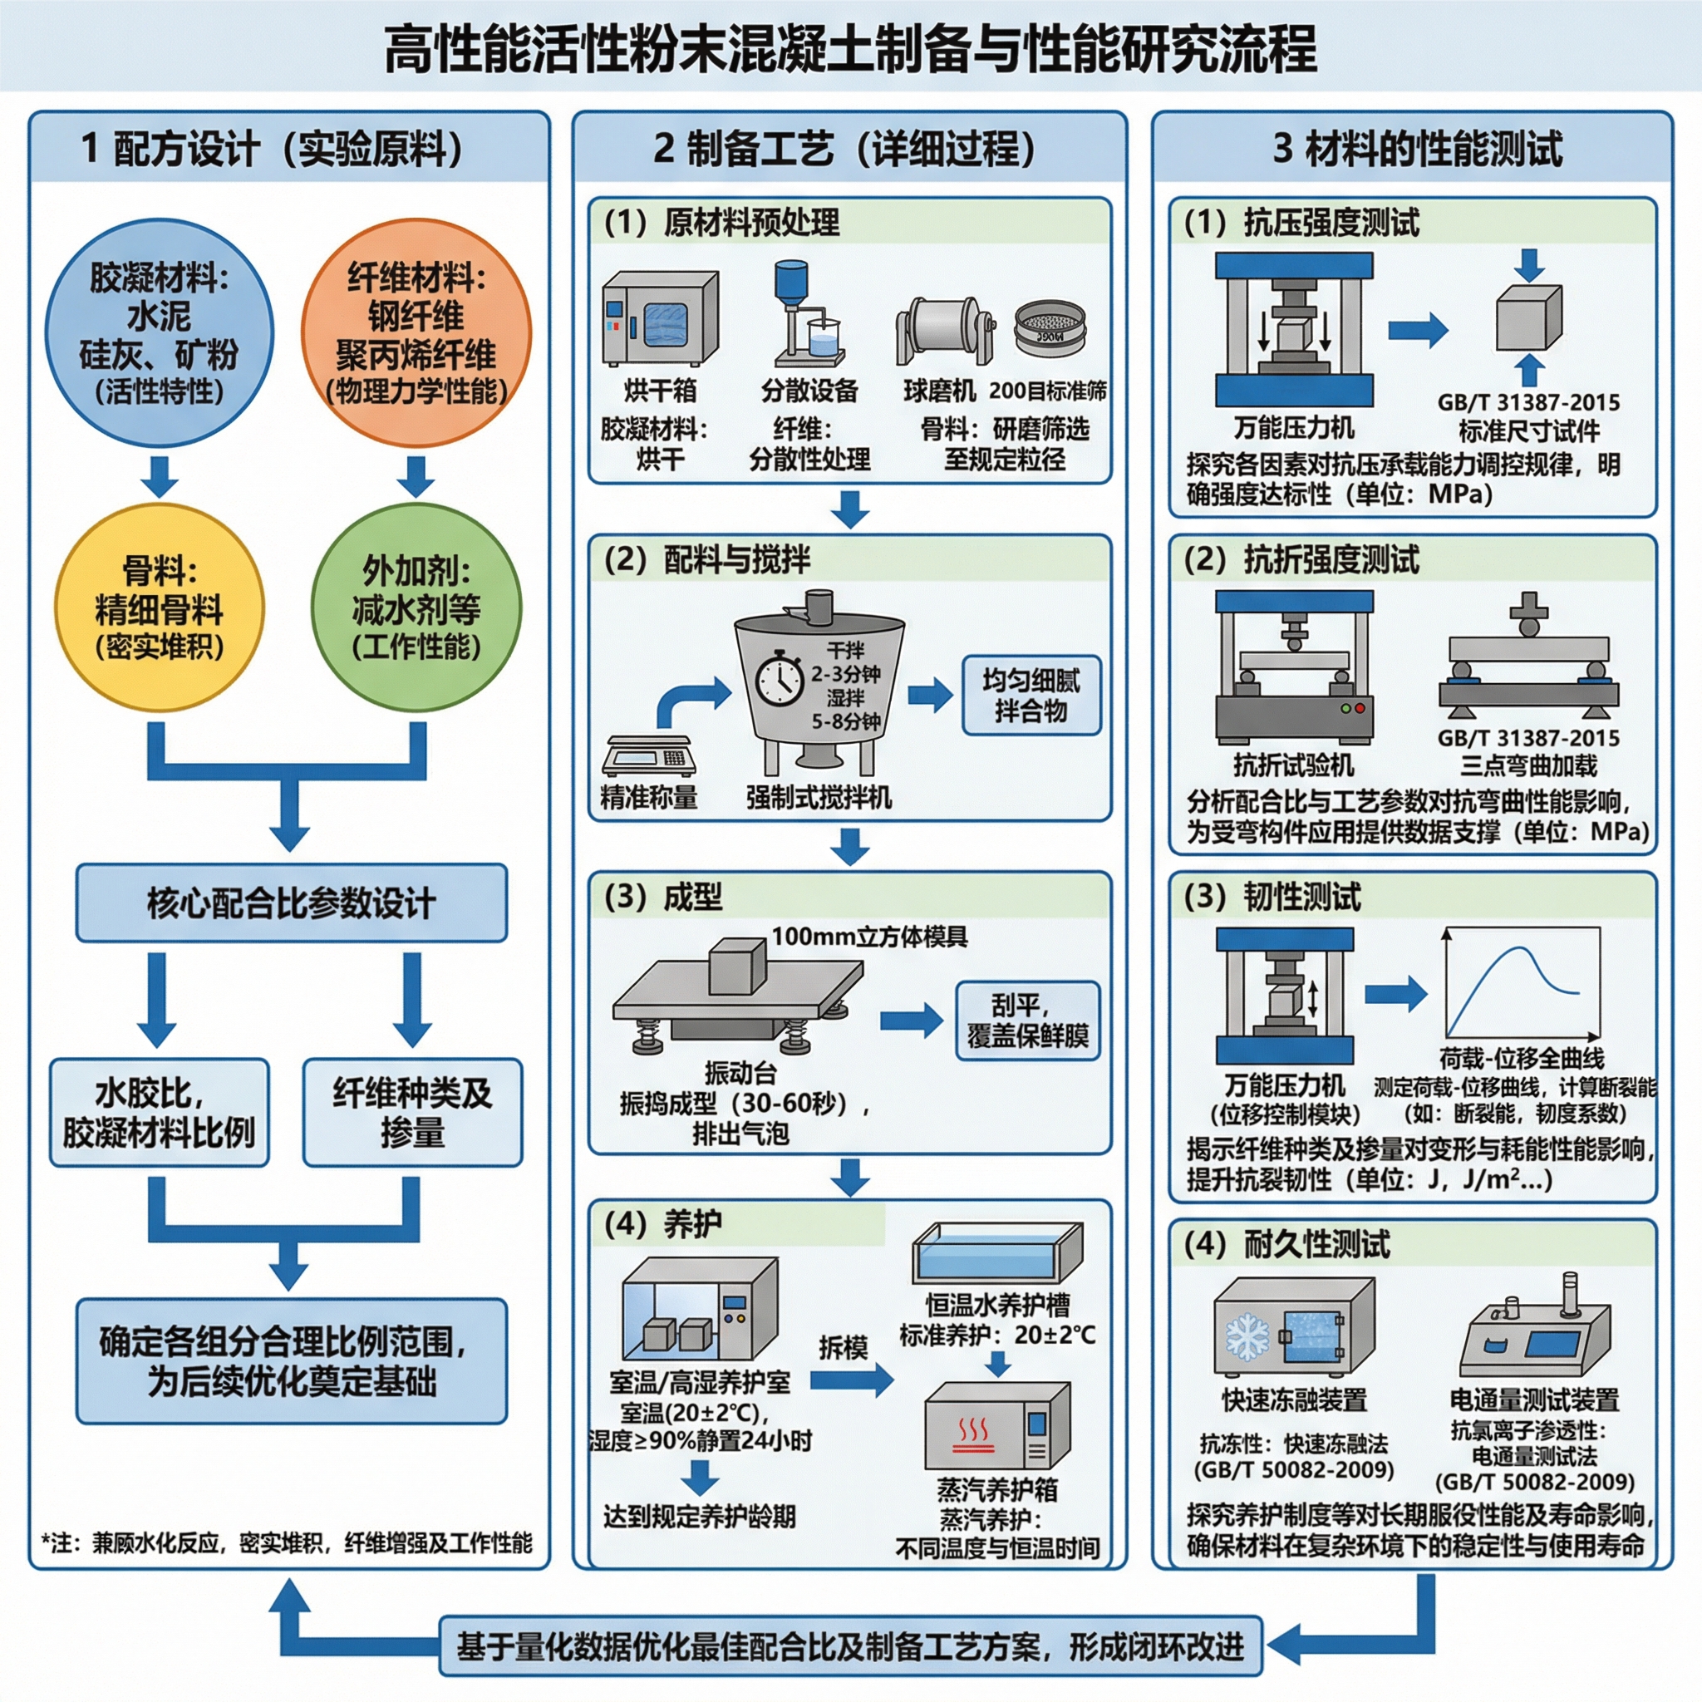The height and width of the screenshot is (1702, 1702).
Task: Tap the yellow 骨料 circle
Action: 160,608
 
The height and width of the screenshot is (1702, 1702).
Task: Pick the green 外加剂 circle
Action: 416,608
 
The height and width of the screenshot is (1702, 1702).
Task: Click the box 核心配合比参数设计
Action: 292,903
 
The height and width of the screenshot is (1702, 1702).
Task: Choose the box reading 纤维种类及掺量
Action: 412,1113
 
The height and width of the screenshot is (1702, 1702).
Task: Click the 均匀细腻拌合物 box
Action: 1031,695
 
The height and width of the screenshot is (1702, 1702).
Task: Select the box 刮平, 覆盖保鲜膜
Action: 1028,1021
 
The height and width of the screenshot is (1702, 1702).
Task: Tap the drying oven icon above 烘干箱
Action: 660,319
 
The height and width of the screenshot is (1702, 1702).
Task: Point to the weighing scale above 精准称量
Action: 648,755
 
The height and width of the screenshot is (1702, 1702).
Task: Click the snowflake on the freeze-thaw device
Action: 1247,1337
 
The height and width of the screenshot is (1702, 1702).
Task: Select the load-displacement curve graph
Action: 1522,982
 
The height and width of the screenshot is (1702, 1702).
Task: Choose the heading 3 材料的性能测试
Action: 1418,148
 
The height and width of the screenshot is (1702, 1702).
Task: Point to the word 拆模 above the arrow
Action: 843,1348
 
